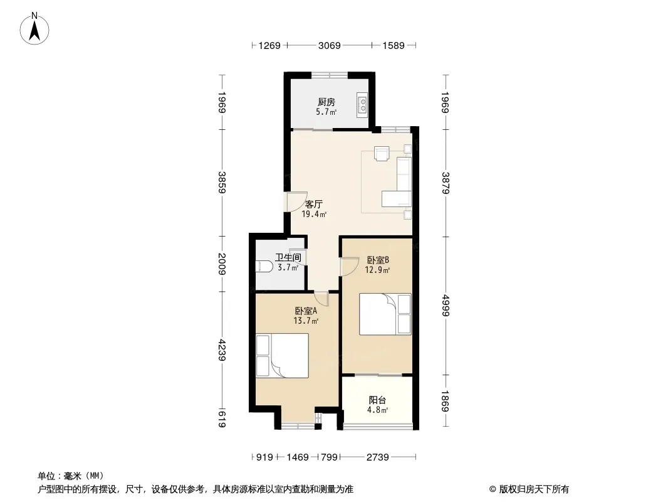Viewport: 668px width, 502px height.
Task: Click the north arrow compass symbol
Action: coord(34,29)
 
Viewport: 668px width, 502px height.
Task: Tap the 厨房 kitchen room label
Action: coord(326,102)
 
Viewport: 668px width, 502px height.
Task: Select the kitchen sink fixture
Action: coord(363,105)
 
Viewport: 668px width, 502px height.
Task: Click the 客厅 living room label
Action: coord(313,205)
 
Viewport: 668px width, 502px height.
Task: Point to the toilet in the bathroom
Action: coord(264,267)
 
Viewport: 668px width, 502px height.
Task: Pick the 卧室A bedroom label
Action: coord(306,311)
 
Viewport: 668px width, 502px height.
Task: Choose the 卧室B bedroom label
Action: coord(378,260)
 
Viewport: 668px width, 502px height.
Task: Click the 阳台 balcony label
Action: coord(377,400)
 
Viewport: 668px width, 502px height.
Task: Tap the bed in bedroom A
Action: coord(282,356)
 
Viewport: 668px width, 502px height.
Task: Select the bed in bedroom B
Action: coord(385,314)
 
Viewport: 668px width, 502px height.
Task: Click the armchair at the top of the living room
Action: coord(382,154)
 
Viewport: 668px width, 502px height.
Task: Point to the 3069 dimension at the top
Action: coord(330,45)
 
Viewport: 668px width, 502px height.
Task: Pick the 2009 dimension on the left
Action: coord(222,264)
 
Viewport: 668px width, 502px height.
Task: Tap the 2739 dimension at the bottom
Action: coord(378,457)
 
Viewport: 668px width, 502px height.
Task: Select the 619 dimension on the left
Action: coord(222,419)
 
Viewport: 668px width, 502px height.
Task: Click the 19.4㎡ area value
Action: coord(314,215)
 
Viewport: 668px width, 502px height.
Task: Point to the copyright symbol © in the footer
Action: coord(493,489)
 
